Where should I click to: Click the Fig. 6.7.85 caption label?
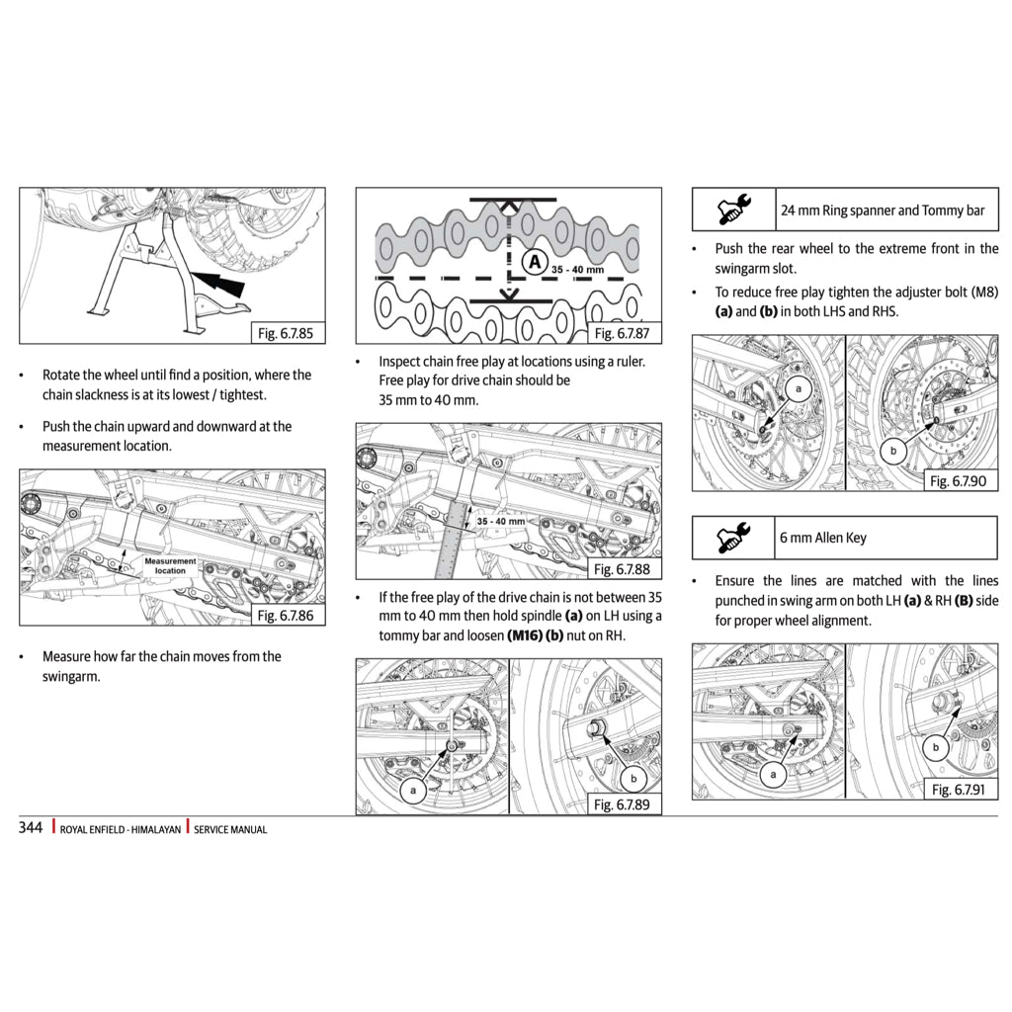click(285, 333)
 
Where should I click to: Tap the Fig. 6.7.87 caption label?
click(621, 333)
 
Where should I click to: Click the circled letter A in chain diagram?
click(535, 262)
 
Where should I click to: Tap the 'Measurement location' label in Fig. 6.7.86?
click(170, 565)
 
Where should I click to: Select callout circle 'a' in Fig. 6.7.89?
click(413, 791)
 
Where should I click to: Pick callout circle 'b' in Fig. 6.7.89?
click(633, 778)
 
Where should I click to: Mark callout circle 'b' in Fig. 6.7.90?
click(893, 452)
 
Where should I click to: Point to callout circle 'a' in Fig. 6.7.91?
click(771, 775)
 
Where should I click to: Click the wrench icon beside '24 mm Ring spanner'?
click(733, 210)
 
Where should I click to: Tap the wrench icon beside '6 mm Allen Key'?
click(733, 538)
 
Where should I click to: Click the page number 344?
click(31, 828)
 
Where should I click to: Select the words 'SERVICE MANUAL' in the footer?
click(230, 830)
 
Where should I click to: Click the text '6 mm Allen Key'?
click(823, 538)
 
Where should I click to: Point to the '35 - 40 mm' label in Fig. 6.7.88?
click(501, 521)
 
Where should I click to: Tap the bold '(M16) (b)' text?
click(535, 635)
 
